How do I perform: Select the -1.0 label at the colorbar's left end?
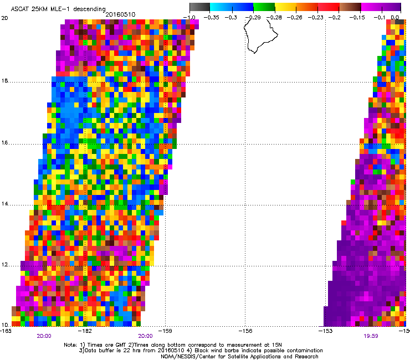click(x=191, y=18)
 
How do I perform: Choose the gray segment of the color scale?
click(x=199, y=7)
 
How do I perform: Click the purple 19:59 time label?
click(x=372, y=336)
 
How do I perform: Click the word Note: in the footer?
click(x=70, y=344)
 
